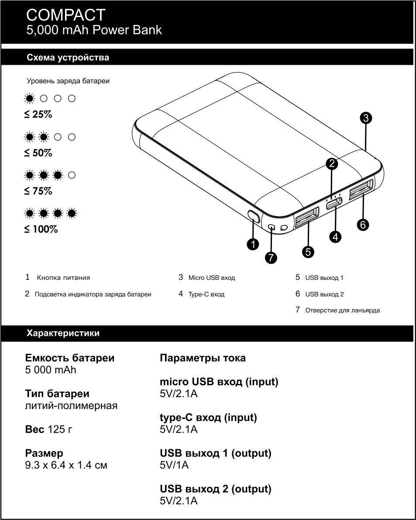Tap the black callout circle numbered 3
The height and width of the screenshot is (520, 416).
pos(366,117)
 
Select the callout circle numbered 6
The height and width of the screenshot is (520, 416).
pos(362,225)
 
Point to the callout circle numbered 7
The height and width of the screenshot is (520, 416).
pos(271,258)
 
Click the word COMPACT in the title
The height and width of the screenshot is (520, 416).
pos(65,15)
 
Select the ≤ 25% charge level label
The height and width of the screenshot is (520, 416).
pos(38,115)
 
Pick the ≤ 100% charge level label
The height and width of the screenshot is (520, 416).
pos(41,229)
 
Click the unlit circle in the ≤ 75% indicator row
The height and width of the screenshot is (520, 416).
pos(72,175)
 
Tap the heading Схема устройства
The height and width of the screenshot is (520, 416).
pos(68,58)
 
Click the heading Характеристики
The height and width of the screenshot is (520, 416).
pos(63,333)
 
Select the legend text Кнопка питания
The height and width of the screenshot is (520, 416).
pos(63,278)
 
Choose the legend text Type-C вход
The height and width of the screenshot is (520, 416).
pos(206,294)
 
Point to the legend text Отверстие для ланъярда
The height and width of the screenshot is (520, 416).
pos(342,311)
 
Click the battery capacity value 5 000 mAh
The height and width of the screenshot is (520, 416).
pos(51,370)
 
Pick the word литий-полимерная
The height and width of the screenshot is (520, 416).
pos(71,406)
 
